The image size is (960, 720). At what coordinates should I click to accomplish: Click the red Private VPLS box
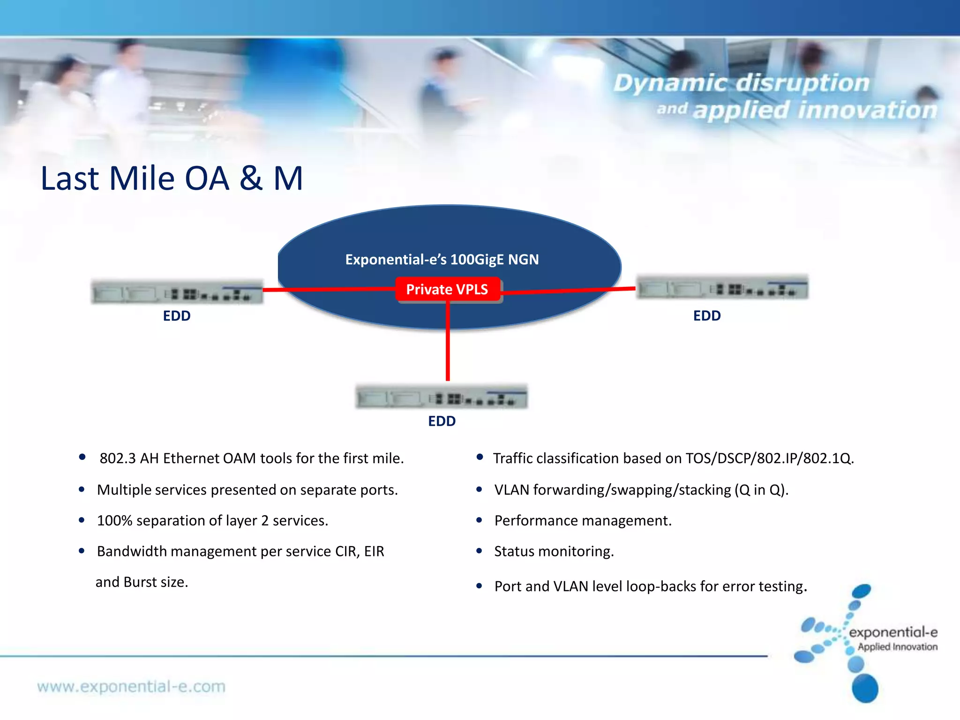[447, 289]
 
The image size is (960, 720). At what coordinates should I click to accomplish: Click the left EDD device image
[177, 292]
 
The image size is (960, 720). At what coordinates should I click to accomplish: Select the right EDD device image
[722, 287]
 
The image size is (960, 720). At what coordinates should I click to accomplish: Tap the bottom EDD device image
[442, 397]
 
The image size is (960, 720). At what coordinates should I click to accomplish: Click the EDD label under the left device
[177, 316]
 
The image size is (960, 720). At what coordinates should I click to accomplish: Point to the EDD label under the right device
[707, 316]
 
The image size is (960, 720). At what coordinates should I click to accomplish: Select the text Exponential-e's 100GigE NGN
[442, 260]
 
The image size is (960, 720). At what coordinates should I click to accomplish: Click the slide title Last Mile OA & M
[172, 179]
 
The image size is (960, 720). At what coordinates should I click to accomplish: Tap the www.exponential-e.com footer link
[131, 687]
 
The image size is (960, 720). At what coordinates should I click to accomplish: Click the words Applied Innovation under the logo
[897, 647]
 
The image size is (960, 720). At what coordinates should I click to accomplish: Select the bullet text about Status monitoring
[554, 552]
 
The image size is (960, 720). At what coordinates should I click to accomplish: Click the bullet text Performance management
[583, 521]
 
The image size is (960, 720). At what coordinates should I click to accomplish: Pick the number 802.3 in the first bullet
[118, 458]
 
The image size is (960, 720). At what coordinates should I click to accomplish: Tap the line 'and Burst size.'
[142, 582]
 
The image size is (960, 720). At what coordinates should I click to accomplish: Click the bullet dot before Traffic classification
[480, 457]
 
